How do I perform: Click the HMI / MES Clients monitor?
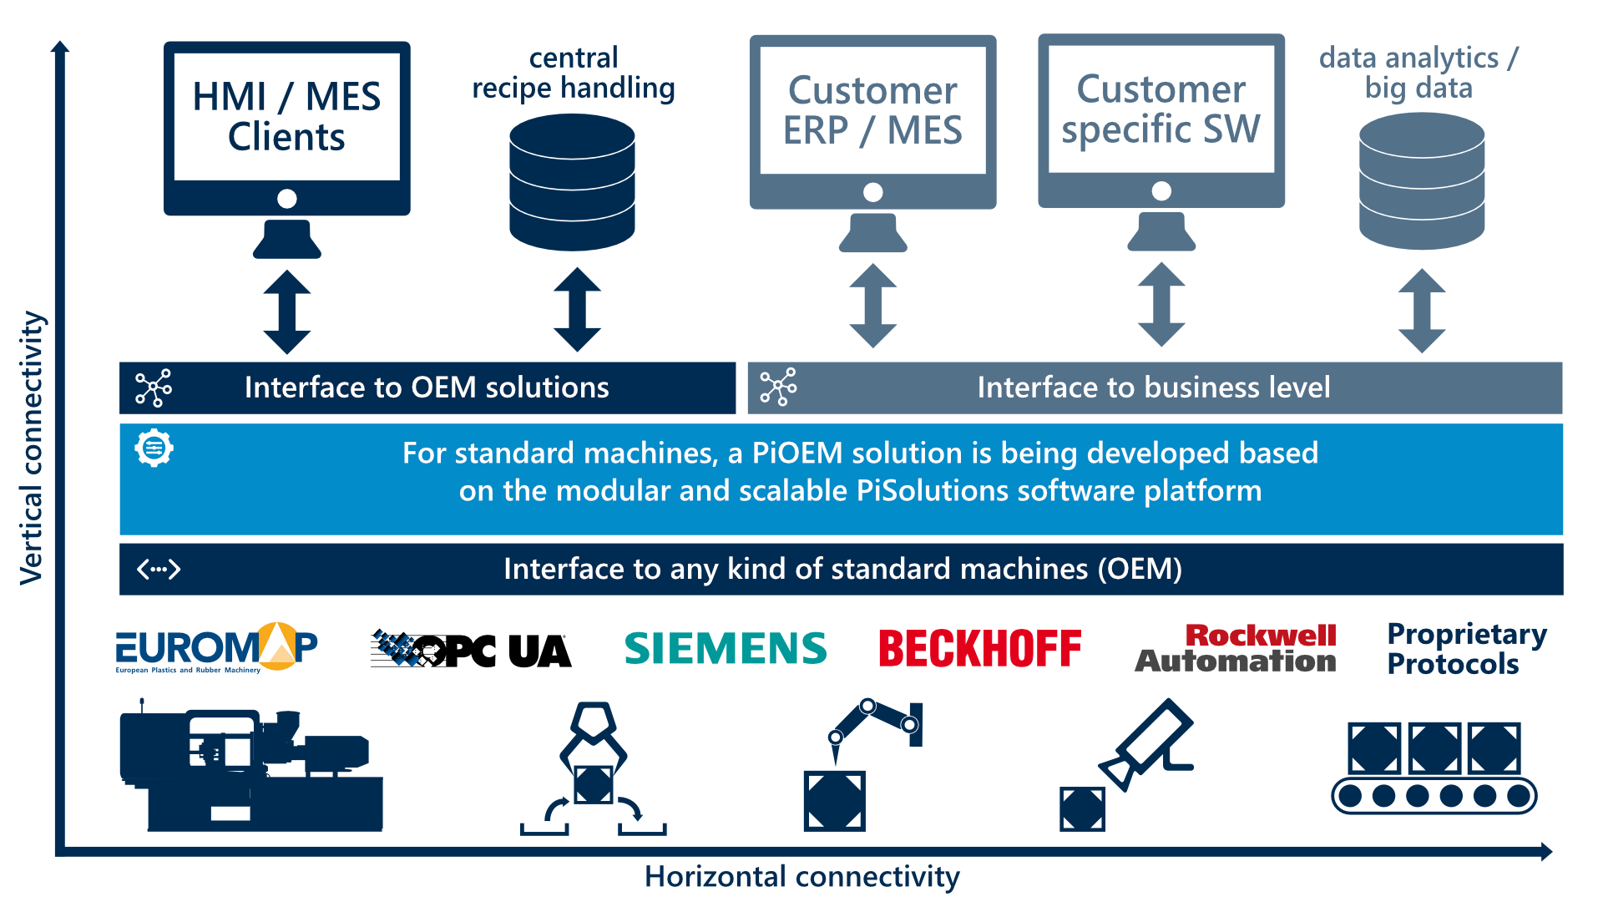(286, 134)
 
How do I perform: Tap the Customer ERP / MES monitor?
(872, 125)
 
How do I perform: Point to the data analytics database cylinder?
(1422, 181)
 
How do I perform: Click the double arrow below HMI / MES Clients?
(287, 312)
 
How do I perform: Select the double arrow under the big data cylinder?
(1422, 311)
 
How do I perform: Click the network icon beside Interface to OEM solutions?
(154, 388)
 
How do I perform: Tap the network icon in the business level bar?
(778, 388)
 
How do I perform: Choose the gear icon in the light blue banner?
(154, 448)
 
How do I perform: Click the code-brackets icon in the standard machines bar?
(159, 570)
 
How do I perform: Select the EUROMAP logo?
(216, 647)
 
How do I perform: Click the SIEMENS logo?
(726, 649)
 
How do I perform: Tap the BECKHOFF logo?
(979, 649)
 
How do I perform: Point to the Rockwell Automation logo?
(1236, 649)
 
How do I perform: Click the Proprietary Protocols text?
(1466, 649)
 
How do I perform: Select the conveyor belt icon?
(1434, 768)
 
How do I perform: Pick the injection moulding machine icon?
(250, 768)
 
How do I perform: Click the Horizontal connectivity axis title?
(801, 877)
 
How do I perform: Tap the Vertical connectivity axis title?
(32, 447)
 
